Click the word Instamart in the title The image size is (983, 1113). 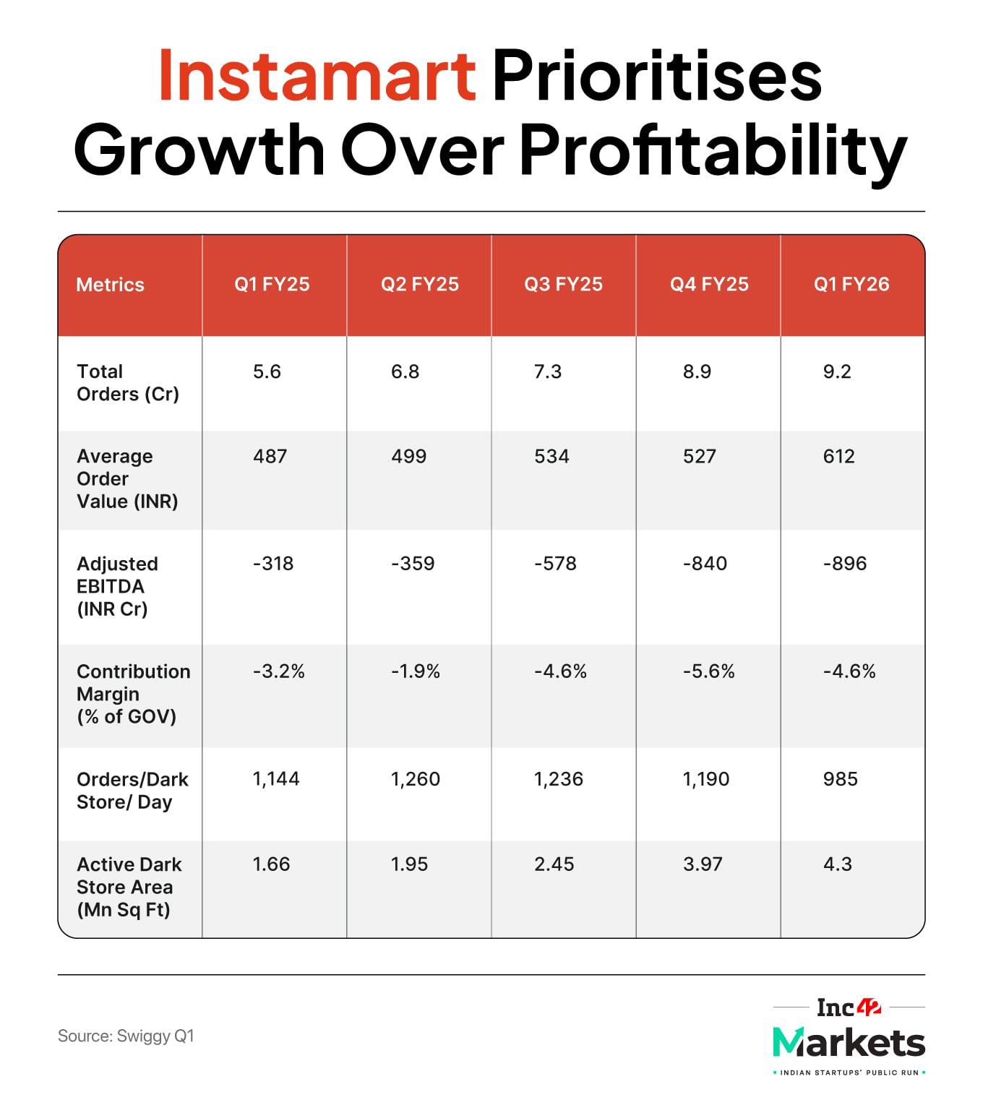pyautogui.click(x=317, y=75)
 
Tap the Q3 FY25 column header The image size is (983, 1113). pyautogui.click(x=563, y=284)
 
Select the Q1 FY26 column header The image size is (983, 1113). pyautogui.click(x=851, y=284)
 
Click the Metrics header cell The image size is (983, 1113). pyautogui.click(x=110, y=285)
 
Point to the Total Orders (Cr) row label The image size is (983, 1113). pyautogui.click(x=127, y=382)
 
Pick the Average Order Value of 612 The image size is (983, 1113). pyautogui.click(x=838, y=456)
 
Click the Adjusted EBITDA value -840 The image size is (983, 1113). pyautogui.click(x=705, y=563)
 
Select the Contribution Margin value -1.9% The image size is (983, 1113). pyautogui.click(x=416, y=671)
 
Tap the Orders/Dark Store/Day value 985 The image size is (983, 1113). pyautogui.click(x=840, y=779)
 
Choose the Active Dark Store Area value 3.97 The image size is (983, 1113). pyautogui.click(x=703, y=864)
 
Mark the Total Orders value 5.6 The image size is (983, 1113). pyautogui.click(x=267, y=371)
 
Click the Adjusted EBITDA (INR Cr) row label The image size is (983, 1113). pyautogui.click(x=117, y=586)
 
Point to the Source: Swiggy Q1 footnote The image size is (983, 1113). pyautogui.click(x=126, y=1036)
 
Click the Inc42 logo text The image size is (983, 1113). pyautogui.click(x=849, y=1007)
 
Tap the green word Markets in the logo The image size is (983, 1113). pyautogui.click(x=849, y=1042)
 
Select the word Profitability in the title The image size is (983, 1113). pyautogui.click(x=713, y=150)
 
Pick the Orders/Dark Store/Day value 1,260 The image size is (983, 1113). pyautogui.click(x=415, y=779)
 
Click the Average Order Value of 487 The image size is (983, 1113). pyautogui.click(x=270, y=456)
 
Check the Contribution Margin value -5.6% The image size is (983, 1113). pyautogui.click(x=708, y=671)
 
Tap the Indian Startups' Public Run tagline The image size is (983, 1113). pyautogui.click(x=849, y=1073)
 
